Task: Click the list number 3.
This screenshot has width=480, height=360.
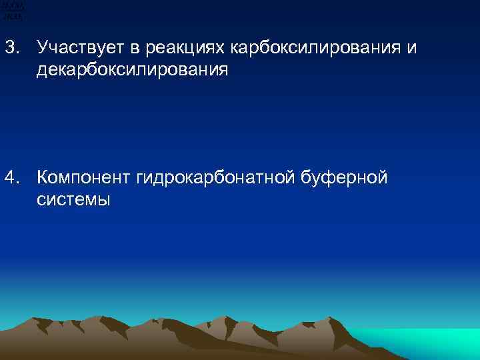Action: [12, 47]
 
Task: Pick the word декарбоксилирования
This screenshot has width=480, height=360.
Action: [132, 70]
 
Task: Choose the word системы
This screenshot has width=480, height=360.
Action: [73, 199]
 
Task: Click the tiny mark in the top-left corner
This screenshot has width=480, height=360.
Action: [12, 9]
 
